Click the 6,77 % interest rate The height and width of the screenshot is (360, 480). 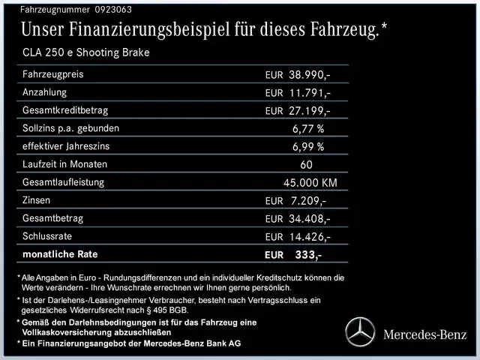pyautogui.click(x=308, y=129)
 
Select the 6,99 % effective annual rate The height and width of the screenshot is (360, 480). pyautogui.click(x=308, y=147)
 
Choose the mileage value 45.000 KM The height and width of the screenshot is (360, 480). pyautogui.click(x=310, y=183)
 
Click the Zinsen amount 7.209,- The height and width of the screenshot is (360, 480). pyautogui.click(x=307, y=201)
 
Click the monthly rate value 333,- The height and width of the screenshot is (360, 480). pyautogui.click(x=308, y=255)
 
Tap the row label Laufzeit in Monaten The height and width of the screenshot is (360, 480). pyautogui.click(x=65, y=164)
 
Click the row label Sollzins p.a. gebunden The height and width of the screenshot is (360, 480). pyautogui.click(x=70, y=128)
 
